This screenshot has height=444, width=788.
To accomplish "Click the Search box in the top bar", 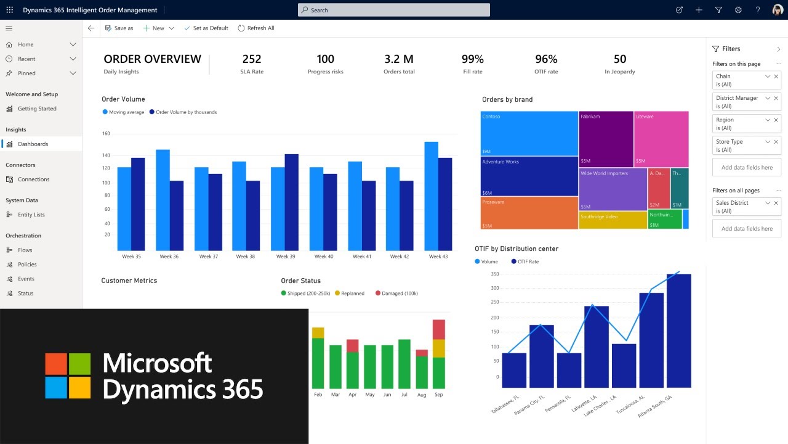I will point(394,10).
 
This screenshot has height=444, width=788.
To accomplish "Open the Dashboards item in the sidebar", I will point(33,144).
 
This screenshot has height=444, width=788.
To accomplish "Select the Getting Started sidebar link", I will point(37,109).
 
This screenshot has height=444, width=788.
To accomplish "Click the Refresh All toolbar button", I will point(256,28).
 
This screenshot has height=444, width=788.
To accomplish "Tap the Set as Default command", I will point(206,28).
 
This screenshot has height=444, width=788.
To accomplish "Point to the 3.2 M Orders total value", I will point(399,59).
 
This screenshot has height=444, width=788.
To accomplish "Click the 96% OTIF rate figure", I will point(546,59).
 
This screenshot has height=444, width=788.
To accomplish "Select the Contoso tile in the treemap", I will point(529,133).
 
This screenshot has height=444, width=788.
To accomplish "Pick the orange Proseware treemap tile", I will point(529,213).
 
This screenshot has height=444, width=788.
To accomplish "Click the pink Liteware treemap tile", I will point(661,139).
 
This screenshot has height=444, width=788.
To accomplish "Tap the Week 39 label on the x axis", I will point(286,257).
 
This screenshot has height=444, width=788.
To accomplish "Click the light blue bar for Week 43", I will point(431,195).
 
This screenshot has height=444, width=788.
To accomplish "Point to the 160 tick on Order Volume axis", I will point(106,133).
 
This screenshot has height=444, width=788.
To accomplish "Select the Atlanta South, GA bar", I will point(678,331).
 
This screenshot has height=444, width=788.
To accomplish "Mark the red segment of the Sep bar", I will point(438,329).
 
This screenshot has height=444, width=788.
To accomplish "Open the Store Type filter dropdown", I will point(767,142).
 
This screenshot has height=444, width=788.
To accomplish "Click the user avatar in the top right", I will point(777,10).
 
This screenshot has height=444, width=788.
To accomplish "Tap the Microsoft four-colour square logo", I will point(68,376).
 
